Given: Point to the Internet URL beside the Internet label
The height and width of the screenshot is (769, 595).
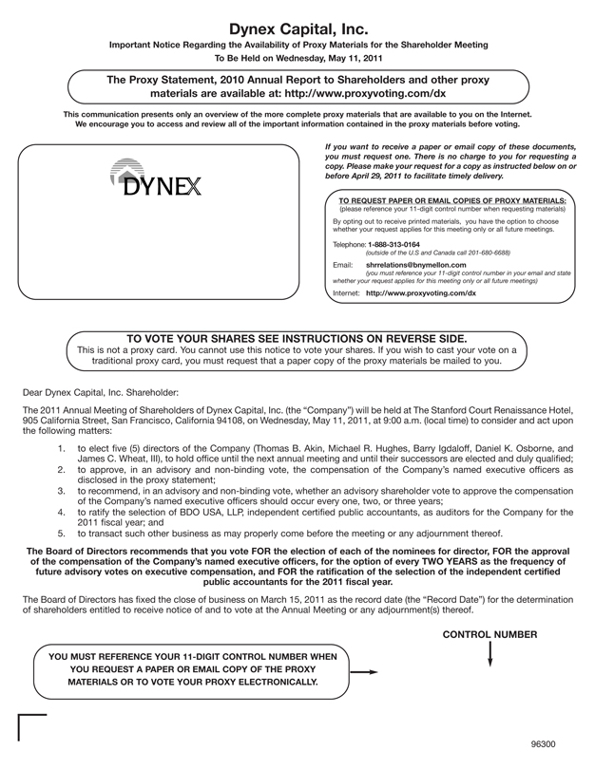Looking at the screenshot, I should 421,293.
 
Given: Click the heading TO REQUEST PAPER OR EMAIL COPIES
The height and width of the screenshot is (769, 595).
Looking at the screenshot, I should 452,200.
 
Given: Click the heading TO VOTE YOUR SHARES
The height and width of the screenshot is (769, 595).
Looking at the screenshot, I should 297,337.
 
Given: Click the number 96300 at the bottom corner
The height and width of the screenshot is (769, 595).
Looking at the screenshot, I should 544,744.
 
